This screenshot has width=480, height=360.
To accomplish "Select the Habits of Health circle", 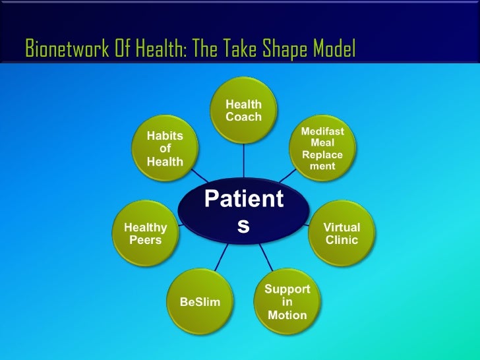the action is pos(165,149).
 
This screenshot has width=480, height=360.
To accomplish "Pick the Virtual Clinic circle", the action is pos(342,233).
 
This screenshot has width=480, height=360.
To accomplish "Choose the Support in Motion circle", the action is pos(287,302).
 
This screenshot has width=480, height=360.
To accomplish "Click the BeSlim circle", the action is pos(200,302).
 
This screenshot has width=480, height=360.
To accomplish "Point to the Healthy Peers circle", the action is pos(146,233).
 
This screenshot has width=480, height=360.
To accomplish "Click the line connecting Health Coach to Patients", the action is pos(244,162).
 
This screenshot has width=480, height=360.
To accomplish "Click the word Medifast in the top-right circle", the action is pos(322,131).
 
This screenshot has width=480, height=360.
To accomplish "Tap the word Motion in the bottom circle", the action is pos(287,315).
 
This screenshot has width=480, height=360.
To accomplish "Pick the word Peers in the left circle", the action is pos(146,240).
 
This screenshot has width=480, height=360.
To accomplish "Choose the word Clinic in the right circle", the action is pos(342,240).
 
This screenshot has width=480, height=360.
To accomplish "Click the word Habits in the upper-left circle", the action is pos(165,136).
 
